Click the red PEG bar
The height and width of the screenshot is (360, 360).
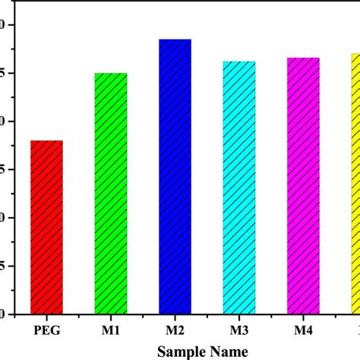tap(46, 226)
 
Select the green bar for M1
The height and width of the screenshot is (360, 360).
tap(110, 193)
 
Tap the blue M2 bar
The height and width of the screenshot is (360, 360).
tap(175, 176)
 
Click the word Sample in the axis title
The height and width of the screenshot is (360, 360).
tap(180, 351)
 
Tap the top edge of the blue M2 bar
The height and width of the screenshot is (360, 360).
tap(175, 39)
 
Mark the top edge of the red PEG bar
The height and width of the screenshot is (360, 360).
tap(46, 141)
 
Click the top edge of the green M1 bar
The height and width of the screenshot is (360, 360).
tap(110, 74)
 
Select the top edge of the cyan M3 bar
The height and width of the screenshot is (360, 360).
tap(239, 62)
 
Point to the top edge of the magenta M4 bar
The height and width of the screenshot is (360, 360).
tap(303, 58)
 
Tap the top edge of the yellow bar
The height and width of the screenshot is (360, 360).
tap(353, 54)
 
